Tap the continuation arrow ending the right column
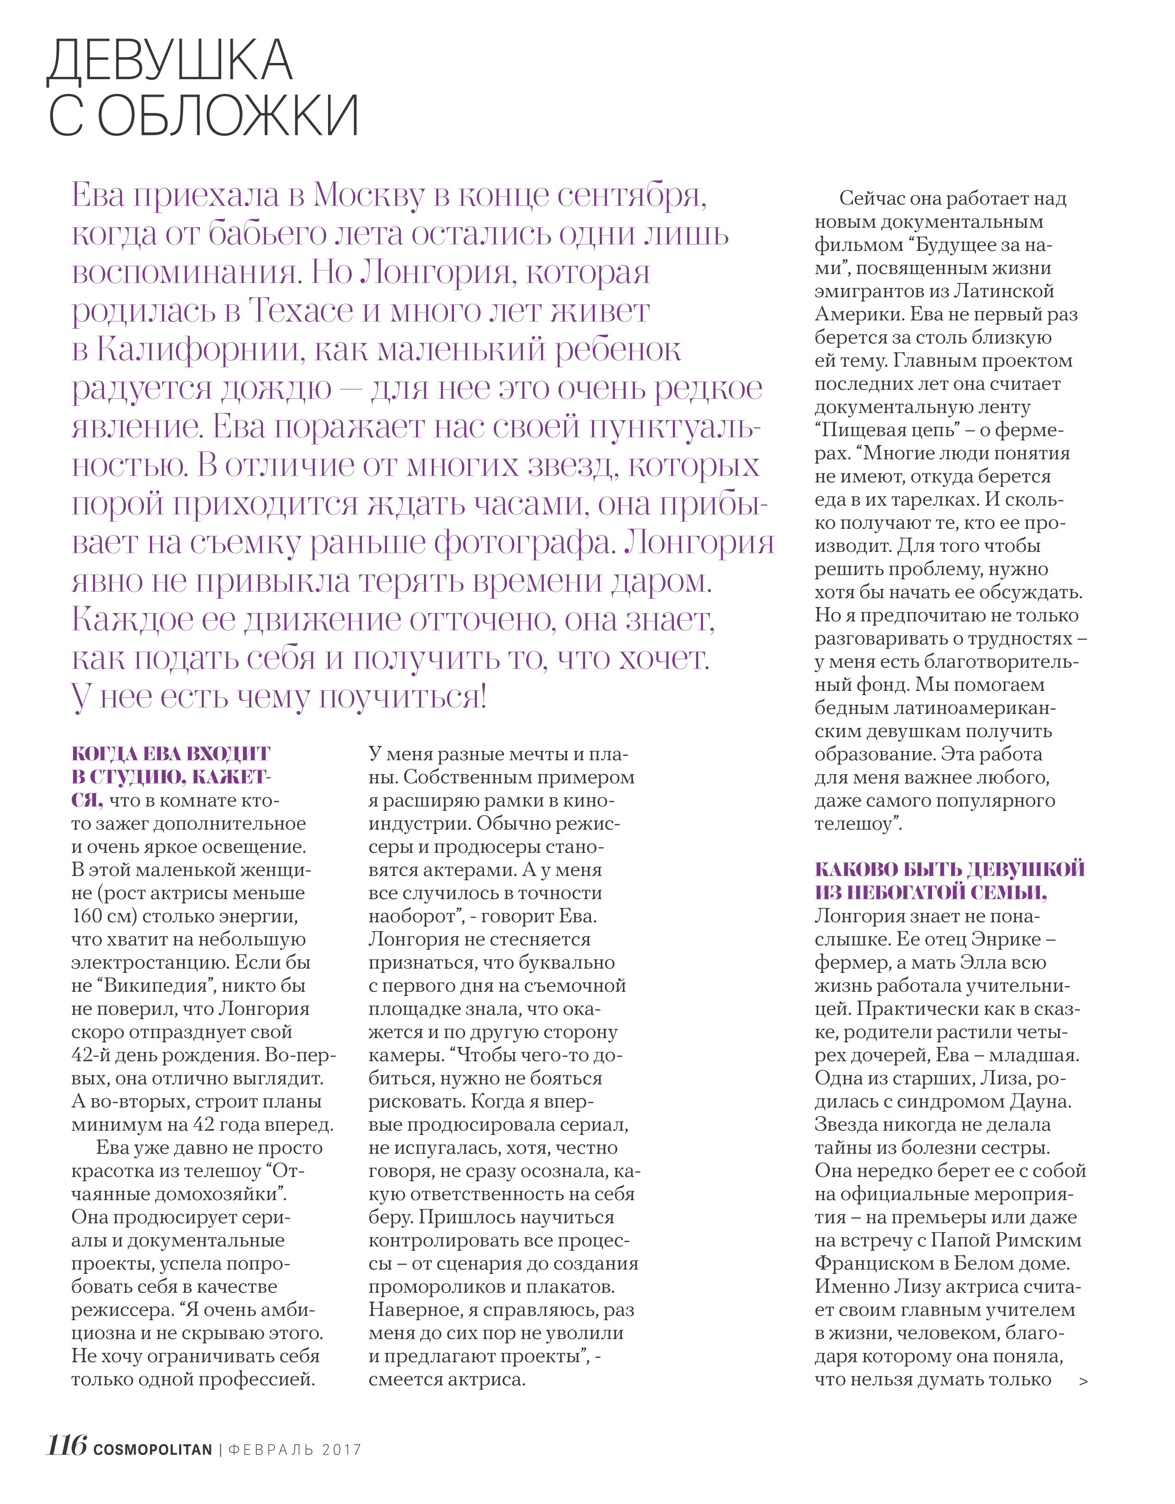(1083, 1381)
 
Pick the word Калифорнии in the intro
(199, 351)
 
